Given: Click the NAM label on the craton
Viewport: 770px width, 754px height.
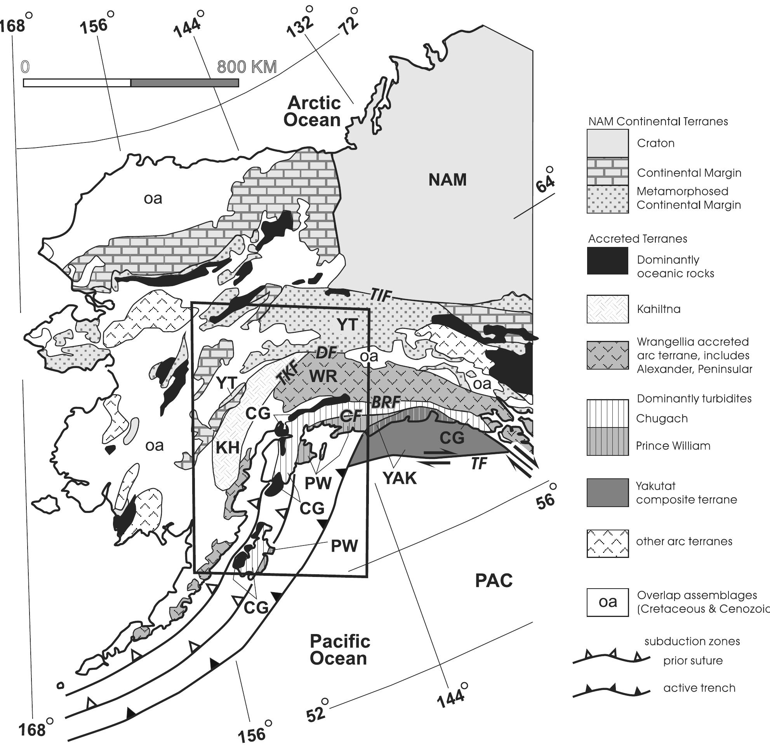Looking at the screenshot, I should (x=447, y=180).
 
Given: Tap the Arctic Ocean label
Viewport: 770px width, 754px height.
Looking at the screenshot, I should (x=313, y=112).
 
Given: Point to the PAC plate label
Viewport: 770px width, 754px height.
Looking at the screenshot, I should (x=494, y=581).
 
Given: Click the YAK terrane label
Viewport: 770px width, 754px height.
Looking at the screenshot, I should (x=400, y=478).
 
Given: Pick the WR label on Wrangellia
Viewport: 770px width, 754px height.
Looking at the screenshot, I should (x=323, y=376).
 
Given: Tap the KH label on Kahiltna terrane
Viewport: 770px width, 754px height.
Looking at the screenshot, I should (x=228, y=448).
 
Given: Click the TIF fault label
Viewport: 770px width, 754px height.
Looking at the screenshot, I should (x=381, y=295).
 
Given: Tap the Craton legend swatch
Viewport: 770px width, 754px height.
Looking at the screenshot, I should (x=607, y=143).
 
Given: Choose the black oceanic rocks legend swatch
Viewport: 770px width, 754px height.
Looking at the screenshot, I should (x=607, y=261).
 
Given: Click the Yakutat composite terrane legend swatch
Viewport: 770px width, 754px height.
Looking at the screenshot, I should (x=607, y=493).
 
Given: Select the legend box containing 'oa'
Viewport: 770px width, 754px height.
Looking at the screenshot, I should (x=607, y=602).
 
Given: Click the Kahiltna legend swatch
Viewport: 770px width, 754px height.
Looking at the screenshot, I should (x=607, y=309).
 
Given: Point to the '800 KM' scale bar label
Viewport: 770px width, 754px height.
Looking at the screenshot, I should (x=247, y=67).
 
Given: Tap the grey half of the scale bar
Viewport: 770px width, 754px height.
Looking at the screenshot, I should (x=184, y=83).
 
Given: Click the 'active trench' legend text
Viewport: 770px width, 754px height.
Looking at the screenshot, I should (x=699, y=688).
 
